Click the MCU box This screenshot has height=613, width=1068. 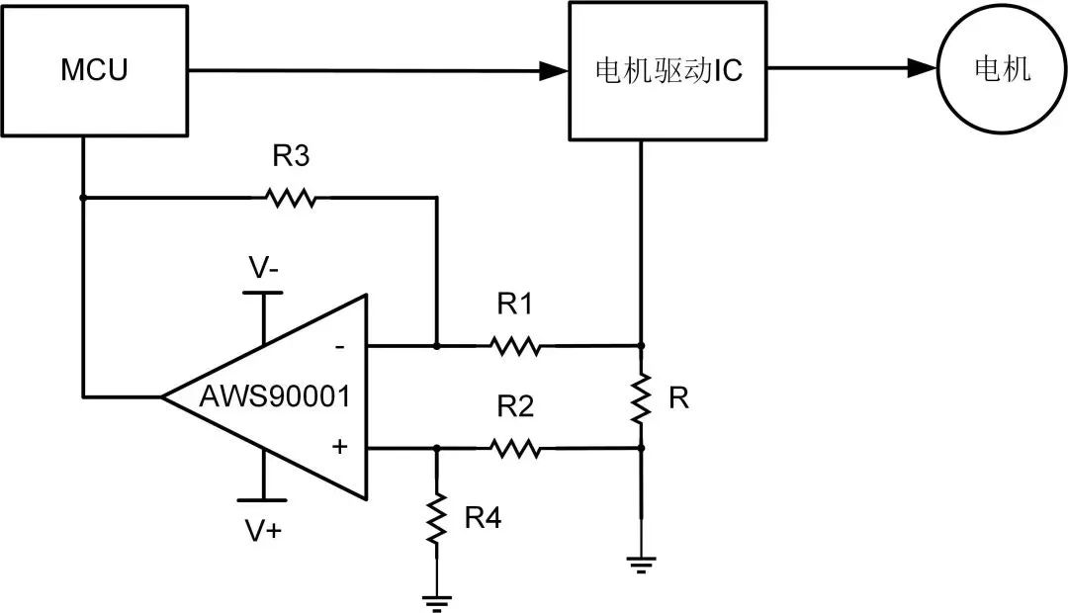click(x=94, y=70)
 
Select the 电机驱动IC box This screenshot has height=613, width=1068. click(x=667, y=70)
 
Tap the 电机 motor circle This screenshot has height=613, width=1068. click(x=1002, y=70)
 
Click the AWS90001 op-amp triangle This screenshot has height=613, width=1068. click(x=277, y=396)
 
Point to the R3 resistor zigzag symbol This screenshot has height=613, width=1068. click(x=291, y=198)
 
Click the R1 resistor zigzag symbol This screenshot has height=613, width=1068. click(x=514, y=346)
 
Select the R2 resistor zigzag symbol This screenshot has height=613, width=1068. click(x=514, y=448)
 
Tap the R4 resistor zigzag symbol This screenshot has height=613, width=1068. click(x=436, y=518)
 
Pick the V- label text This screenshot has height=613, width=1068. click(x=263, y=268)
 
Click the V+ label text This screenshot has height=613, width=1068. click(x=263, y=531)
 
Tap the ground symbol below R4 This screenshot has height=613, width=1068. click(x=436, y=599)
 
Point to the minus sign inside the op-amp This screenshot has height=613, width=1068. click(x=339, y=346)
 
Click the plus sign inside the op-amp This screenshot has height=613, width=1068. click(x=339, y=447)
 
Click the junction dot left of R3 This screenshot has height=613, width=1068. click(x=83, y=198)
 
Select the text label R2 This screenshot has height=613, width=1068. click(x=514, y=406)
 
